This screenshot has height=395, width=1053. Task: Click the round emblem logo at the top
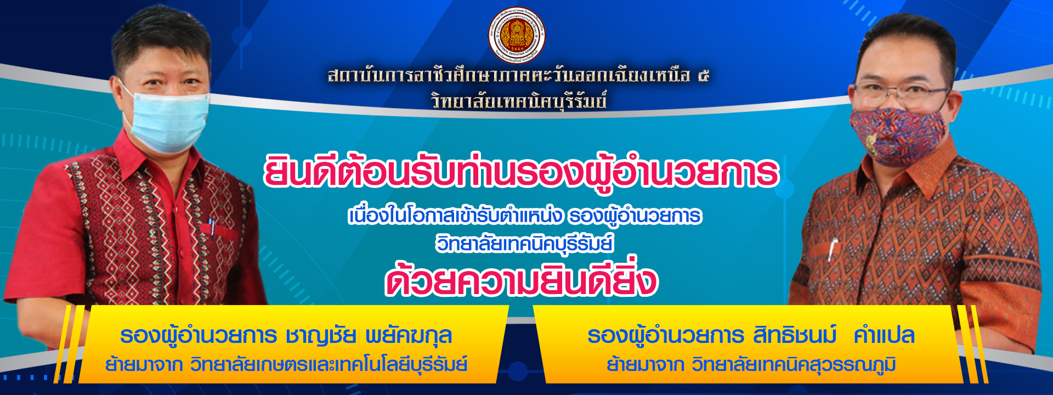click(517, 35)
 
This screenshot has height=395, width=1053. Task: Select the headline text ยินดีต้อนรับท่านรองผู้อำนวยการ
click(521, 173)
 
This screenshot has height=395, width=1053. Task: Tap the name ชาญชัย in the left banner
click(321, 336)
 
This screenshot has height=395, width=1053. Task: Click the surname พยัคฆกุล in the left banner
click(409, 336)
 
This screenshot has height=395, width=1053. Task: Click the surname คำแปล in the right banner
click(884, 335)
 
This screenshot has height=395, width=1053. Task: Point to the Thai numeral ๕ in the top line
click(704, 76)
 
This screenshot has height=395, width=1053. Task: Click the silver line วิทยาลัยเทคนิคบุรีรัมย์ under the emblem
click(519, 101)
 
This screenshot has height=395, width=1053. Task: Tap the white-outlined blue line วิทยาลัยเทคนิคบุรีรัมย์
click(525, 243)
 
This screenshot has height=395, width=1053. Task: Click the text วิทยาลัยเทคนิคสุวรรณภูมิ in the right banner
click(794, 364)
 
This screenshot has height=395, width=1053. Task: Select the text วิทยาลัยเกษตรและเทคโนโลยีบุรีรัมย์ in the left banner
click(329, 364)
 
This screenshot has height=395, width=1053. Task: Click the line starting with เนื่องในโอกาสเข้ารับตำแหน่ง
click(525, 216)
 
